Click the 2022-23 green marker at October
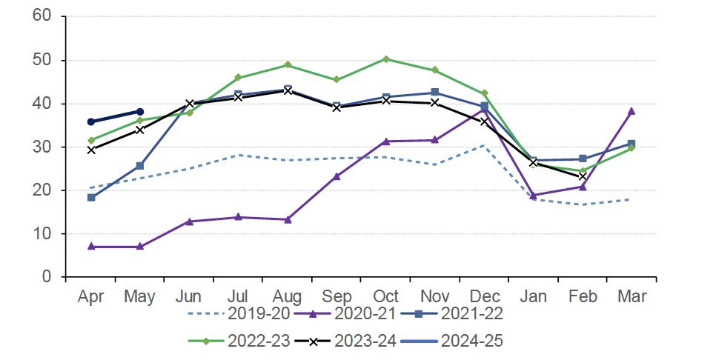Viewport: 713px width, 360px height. (386, 59)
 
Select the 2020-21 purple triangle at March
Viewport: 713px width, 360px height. (631, 111)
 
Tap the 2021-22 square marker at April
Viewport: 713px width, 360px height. (91, 198)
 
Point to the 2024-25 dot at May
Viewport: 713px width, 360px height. (140, 112)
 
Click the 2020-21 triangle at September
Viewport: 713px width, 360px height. (336, 176)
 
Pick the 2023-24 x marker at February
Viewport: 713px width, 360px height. (583, 176)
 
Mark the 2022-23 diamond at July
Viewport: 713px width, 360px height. (238, 78)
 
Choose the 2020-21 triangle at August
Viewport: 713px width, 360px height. (288, 219)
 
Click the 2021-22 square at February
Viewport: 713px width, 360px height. (583, 159)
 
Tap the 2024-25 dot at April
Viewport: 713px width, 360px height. (91, 121)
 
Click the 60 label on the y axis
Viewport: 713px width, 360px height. (42, 16)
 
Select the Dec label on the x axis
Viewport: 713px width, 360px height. (484, 297)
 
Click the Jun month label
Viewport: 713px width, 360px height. (189, 297)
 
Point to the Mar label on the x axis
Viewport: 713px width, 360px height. (631, 297)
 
